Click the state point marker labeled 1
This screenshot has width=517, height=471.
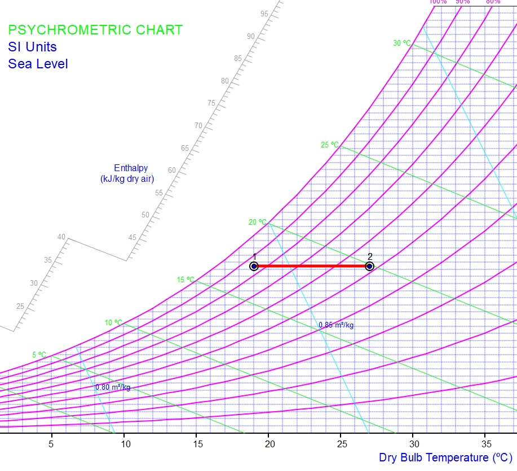coord(254,266)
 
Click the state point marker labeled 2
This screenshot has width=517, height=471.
coord(369,266)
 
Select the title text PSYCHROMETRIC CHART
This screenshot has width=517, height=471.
coord(95,30)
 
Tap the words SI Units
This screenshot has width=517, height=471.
coord(32,47)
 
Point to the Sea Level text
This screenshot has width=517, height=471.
coord(38,64)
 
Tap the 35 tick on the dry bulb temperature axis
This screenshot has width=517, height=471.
coord(485,444)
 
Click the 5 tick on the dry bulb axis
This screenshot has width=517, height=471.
coord(52,444)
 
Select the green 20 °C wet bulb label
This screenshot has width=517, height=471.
coord(258,223)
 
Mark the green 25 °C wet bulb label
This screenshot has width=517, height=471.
coord(330,145)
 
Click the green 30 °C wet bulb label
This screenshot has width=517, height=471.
coord(402,43)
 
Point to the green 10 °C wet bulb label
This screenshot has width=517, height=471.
coord(113,323)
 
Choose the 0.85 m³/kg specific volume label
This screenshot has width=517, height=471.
coord(336,325)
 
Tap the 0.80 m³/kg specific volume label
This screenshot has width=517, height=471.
coord(113,387)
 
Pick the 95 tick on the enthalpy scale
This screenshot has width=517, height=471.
coord(264,14)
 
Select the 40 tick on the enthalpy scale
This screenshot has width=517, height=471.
coord(61,237)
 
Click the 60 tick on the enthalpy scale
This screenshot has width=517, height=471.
coord(172,171)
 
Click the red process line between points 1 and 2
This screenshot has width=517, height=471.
coord(312,266)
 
